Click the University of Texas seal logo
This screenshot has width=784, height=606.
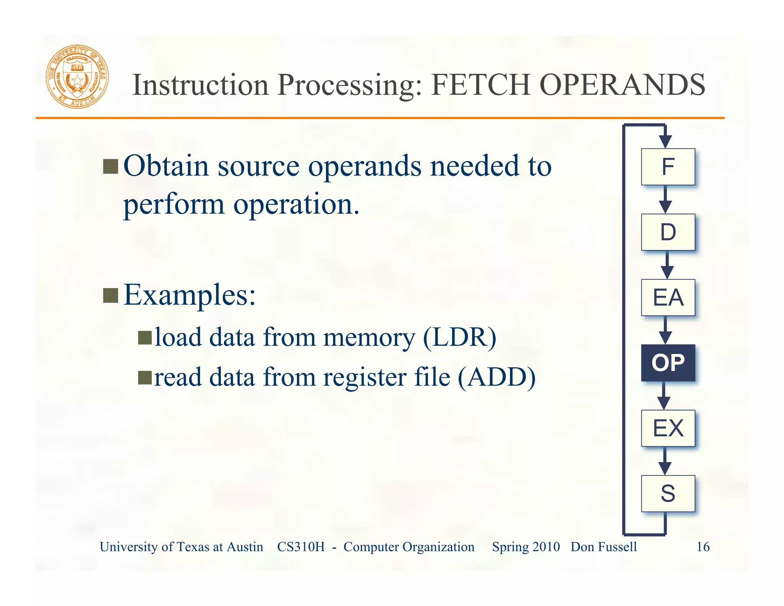coord(77,77)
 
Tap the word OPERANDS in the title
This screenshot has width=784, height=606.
coord(622,85)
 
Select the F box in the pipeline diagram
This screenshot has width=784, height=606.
coord(668,167)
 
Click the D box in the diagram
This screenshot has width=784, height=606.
coord(668,232)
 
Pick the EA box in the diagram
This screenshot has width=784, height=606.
coord(668,298)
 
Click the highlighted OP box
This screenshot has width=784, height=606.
coord(668,363)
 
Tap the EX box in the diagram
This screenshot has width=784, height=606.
coord(668,428)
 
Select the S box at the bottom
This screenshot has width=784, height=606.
coord(668,493)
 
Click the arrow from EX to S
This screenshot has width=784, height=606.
coord(665,461)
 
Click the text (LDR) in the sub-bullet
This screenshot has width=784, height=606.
coord(459,337)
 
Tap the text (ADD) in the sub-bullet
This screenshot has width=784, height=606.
coord(497,377)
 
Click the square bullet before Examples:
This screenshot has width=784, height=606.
coord(111,295)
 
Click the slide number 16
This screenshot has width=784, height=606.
coord(703,547)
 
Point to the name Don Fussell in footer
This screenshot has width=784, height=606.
coord(604,547)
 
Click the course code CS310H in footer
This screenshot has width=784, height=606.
coord(301,547)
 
